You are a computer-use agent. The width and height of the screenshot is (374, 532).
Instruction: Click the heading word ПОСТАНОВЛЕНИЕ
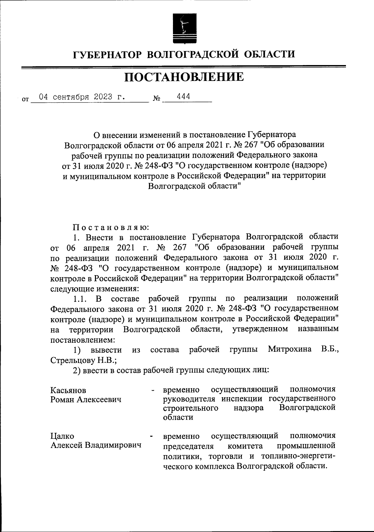[184, 77]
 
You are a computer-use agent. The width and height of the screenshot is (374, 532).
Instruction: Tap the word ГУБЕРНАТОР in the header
[107, 55]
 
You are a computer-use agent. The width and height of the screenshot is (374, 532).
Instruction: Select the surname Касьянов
[68, 390]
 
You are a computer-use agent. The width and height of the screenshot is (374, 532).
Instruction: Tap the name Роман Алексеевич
[86, 399]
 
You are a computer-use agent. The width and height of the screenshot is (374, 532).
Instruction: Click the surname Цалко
[62, 436]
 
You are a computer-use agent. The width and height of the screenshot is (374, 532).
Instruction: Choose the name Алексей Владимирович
[96, 445]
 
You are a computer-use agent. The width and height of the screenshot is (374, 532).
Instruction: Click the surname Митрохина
[290, 349]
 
